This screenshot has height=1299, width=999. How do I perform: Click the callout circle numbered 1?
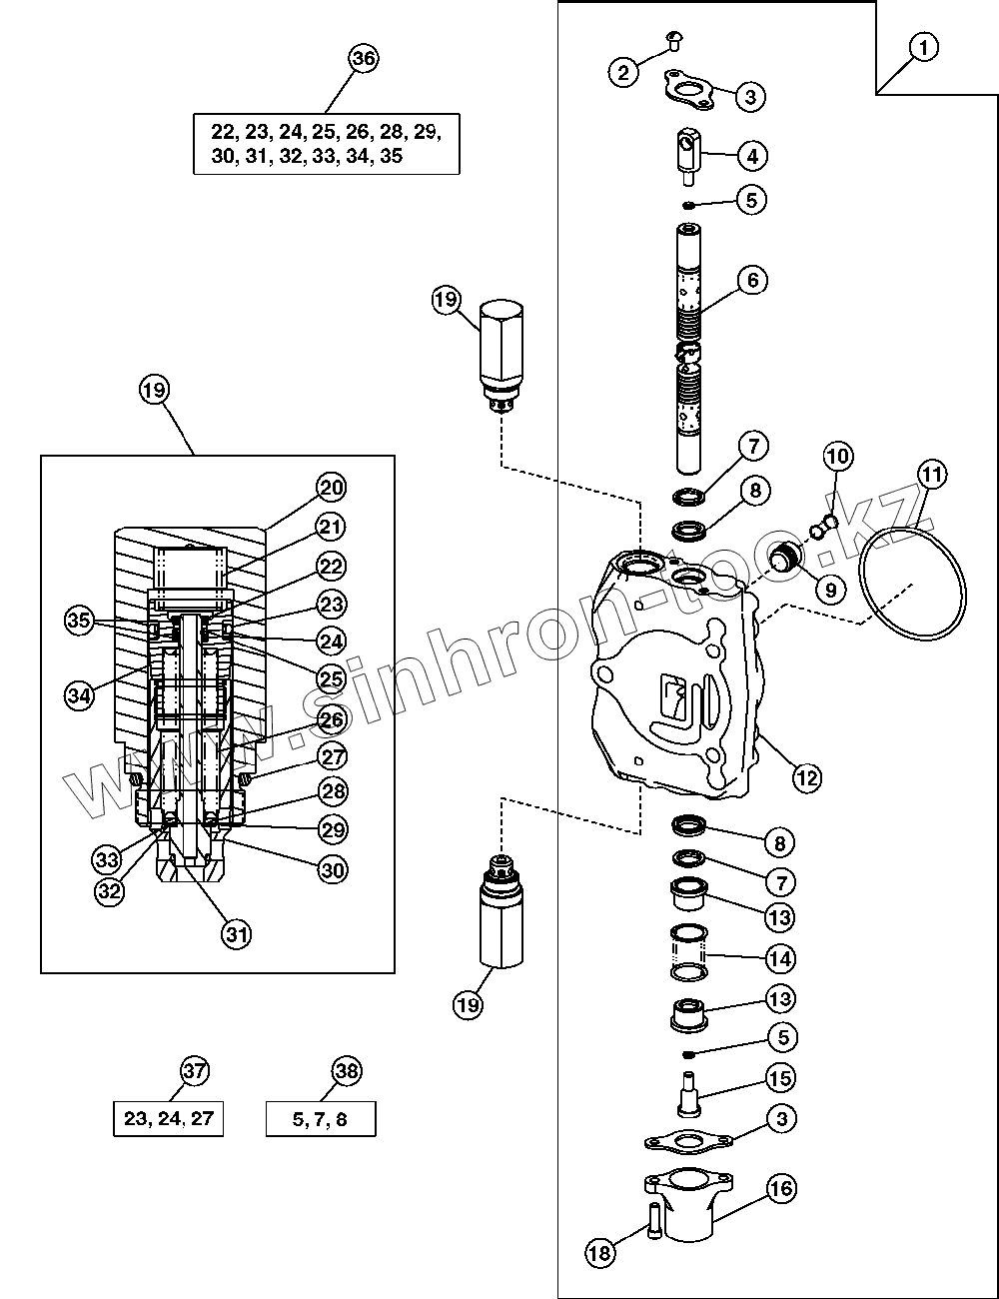click(x=924, y=46)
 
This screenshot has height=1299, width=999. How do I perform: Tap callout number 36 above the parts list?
click(x=364, y=59)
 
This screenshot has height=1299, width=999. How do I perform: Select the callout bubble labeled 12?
click(x=807, y=775)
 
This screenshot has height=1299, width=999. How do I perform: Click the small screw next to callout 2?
click(x=671, y=40)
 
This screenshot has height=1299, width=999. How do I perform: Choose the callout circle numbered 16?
click(x=781, y=1188)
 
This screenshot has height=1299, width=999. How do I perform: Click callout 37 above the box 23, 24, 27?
click(x=195, y=1071)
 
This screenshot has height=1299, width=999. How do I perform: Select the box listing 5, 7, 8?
click(x=321, y=1119)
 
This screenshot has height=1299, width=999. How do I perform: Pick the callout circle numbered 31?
click(x=236, y=934)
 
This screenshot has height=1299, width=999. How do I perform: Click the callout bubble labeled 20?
click(x=332, y=488)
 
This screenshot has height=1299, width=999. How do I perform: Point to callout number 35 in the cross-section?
click(x=80, y=619)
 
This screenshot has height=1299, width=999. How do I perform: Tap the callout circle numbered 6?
click(x=752, y=280)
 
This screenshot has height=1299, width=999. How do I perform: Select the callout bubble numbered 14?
click(x=780, y=958)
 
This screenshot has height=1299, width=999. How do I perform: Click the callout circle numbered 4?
click(x=752, y=156)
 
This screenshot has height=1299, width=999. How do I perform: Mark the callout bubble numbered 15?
click(x=780, y=1077)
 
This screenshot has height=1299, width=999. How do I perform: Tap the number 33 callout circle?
click(x=108, y=857)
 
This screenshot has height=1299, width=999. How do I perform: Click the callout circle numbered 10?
click(x=838, y=458)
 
